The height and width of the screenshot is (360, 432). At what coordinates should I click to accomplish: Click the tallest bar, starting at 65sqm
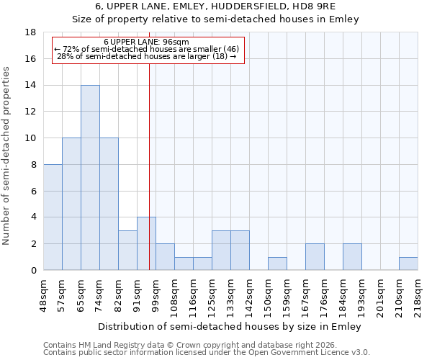[90, 178]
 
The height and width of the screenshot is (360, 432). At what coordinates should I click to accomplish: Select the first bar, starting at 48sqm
[53, 217]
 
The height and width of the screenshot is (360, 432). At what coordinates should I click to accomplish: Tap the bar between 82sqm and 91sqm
[127, 251]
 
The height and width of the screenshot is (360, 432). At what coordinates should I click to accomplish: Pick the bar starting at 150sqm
[277, 264]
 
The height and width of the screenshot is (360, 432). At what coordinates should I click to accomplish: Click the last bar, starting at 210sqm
[408, 264]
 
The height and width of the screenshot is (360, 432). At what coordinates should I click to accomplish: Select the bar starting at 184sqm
[352, 257]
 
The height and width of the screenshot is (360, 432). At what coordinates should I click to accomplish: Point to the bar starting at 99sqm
[165, 257]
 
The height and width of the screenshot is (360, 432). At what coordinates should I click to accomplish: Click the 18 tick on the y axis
[31, 32]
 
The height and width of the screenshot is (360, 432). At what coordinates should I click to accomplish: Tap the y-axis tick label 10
[31, 138]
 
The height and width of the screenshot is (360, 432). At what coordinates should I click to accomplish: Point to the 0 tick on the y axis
[34, 271]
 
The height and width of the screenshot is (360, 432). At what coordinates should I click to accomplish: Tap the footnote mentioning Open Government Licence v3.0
[207, 353]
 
